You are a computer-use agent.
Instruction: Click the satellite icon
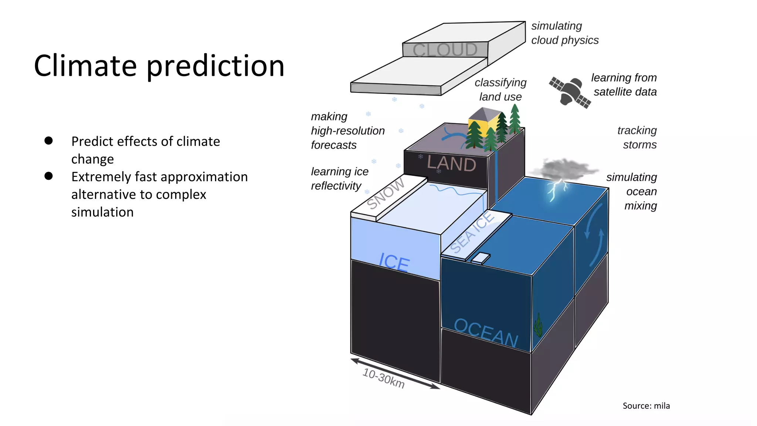click(x=570, y=92)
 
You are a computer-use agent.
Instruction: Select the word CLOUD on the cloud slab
click(x=445, y=50)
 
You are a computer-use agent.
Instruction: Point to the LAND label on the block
click(x=451, y=163)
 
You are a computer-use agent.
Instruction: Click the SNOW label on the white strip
click(x=386, y=193)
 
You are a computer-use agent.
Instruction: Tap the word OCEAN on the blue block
click(x=486, y=333)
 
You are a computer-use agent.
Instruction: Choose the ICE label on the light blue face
click(x=394, y=262)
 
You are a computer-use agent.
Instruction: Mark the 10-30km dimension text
click(x=383, y=378)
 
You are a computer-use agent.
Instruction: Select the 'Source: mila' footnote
click(x=646, y=406)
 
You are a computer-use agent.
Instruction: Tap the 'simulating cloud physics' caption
click(x=564, y=33)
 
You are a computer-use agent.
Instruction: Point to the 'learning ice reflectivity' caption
click(x=339, y=179)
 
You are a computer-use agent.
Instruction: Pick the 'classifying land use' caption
click(x=500, y=89)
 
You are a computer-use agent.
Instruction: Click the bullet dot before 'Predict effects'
click(x=48, y=141)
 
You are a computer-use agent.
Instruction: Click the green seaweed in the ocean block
click(x=538, y=325)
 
